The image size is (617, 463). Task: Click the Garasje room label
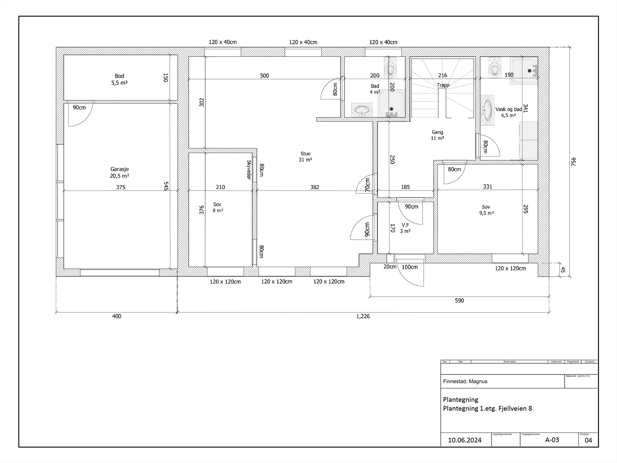(x=120, y=172)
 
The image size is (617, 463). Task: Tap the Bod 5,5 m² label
(x=120, y=79)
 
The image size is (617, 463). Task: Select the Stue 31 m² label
(x=305, y=157)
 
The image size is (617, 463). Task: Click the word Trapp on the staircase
(x=443, y=85)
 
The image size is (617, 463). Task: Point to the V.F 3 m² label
(x=405, y=228)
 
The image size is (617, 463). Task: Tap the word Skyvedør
(x=249, y=170)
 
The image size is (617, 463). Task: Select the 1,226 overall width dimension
(x=363, y=316)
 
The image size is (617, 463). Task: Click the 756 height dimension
(x=573, y=162)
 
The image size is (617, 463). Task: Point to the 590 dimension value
(x=459, y=301)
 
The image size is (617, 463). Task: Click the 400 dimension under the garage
(x=116, y=316)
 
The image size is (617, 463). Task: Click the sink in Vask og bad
(x=488, y=111)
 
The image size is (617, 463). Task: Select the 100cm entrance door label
(x=410, y=267)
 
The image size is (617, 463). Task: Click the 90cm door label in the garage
(x=79, y=108)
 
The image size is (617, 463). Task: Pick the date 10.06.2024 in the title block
(x=465, y=440)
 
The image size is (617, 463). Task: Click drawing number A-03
(x=552, y=440)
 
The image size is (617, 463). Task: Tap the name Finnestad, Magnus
(x=465, y=381)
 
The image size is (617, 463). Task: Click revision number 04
(x=588, y=440)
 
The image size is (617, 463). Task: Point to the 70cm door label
(x=368, y=184)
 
